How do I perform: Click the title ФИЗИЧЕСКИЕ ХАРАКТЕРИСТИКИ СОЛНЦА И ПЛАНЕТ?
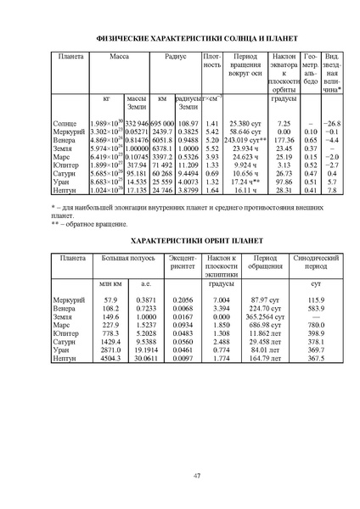pos(180,38)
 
